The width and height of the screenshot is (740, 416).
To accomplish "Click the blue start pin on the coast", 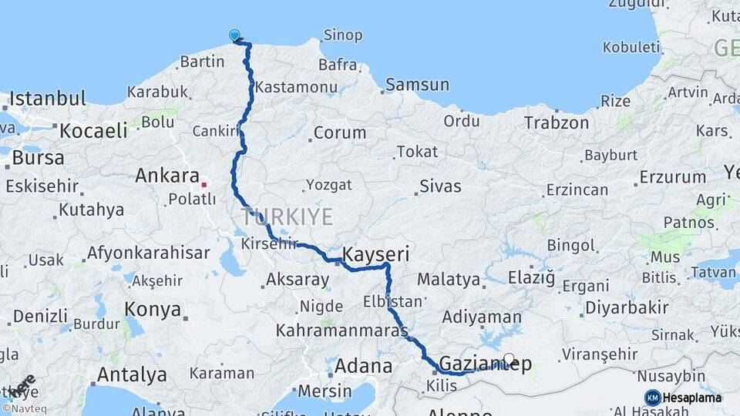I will pyautogui.click(x=234, y=35).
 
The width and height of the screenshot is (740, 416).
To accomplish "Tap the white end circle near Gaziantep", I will pyautogui.click(x=509, y=359).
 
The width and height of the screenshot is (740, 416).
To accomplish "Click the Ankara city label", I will pyautogui.click(x=167, y=176).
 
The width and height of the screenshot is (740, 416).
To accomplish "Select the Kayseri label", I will pyautogui.click(x=375, y=254).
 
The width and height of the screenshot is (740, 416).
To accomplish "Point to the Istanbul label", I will pyautogui.click(x=48, y=99).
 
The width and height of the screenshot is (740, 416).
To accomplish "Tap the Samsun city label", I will pyautogui.click(x=417, y=84).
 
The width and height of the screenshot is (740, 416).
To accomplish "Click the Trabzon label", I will pyautogui.click(x=557, y=122).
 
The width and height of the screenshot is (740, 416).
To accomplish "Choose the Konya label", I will pyautogui.click(x=153, y=310).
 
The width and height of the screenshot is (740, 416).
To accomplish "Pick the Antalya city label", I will pyautogui.click(x=132, y=375).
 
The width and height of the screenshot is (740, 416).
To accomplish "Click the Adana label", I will pyautogui.click(x=364, y=365).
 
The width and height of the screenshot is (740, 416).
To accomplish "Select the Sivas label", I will pyautogui.click(x=441, y=186).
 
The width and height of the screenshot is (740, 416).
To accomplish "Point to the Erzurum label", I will pyautogui.click(x=672, y=177).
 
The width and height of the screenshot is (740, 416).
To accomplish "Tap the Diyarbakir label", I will pyautogui.click(x=627, y=307).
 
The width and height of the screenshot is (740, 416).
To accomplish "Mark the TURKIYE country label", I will pyautogui.click(x=286, y=216).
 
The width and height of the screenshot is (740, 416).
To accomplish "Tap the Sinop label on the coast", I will pyautogui.click(x=343, y=35).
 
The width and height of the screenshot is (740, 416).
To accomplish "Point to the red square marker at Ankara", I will pyautogui.click(x=203, y=185).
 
